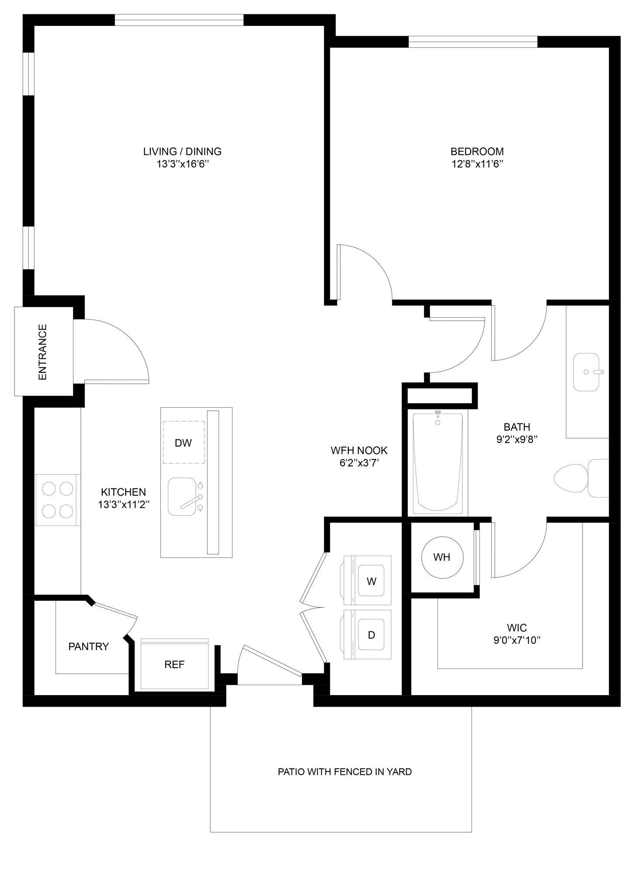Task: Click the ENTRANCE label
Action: pyautogui.click(x=42, y=352)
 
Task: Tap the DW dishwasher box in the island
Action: pyautogui.click(x=183, y=442)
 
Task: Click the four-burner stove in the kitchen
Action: pyautogui.click(x=58, y=500)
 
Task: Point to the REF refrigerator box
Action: pyautogui.click(x=174, y=665)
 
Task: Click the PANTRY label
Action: pyautogui.click(x=89, y=646)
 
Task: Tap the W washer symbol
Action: pyautogui.click(x=371, y=581)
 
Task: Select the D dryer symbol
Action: pyautogui.click(x=371, y=635)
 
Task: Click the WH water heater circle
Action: pyautogui.click(x=441, y=557)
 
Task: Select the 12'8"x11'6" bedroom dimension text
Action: pyautogui.click(x=477, y=164)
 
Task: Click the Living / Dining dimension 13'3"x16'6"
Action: pyautogui.click(x=182, y=164)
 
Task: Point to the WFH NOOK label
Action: pyautogui.click(x=359, y=450)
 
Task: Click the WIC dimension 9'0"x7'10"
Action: pyautogui.click(x=517, y=640)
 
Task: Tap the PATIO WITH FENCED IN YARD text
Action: pyautogui.click(x=344, y=771)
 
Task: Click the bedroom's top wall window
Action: pyautogui.click(x=472, y=42)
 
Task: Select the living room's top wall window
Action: pyautogui.click(x=179, y=20)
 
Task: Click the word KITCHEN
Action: pyautogui.click(x=123, y=492)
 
